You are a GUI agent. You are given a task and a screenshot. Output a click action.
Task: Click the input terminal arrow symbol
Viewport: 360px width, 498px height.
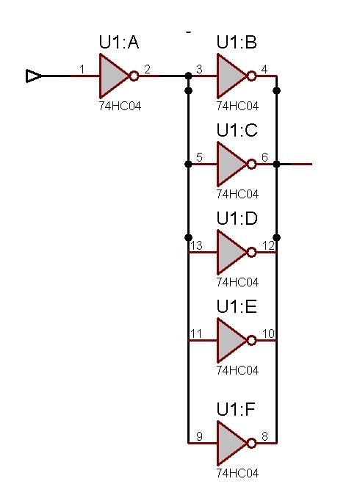pos(34,76)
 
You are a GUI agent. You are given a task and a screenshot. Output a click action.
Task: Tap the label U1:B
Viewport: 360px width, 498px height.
pos(237,42)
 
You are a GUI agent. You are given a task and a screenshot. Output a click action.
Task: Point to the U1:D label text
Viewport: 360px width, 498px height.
pos(237,218)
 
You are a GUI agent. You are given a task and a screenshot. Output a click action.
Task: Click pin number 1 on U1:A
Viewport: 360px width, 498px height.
pos(82,69)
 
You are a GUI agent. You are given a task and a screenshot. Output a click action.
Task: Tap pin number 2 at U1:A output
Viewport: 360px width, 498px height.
pos(147,69)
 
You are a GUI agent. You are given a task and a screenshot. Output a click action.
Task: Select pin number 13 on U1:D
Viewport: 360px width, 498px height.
pos(196,245)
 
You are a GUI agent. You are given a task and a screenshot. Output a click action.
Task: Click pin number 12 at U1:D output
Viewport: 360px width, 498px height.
pos(268,245)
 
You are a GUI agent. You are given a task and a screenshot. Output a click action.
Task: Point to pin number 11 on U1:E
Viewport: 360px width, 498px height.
pos(196,333)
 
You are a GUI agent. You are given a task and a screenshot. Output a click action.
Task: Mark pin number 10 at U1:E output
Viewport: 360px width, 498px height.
pos(268,333)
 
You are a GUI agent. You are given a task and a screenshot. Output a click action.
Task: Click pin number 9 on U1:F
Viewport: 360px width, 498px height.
pos(199,436)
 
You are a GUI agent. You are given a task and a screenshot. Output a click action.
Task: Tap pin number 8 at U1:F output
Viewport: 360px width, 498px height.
pos(264,436)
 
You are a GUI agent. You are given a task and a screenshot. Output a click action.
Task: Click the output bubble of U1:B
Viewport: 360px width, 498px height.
pos(252,76)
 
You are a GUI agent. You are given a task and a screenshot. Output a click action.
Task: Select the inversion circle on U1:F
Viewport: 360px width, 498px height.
pos(252,443)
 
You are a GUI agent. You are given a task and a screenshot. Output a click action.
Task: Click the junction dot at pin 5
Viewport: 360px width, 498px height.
pos(188,165)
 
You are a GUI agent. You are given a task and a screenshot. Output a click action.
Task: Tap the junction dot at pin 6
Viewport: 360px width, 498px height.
pos(277,165)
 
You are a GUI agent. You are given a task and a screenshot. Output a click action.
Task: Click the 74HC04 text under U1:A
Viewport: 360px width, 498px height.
pos(120,106)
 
